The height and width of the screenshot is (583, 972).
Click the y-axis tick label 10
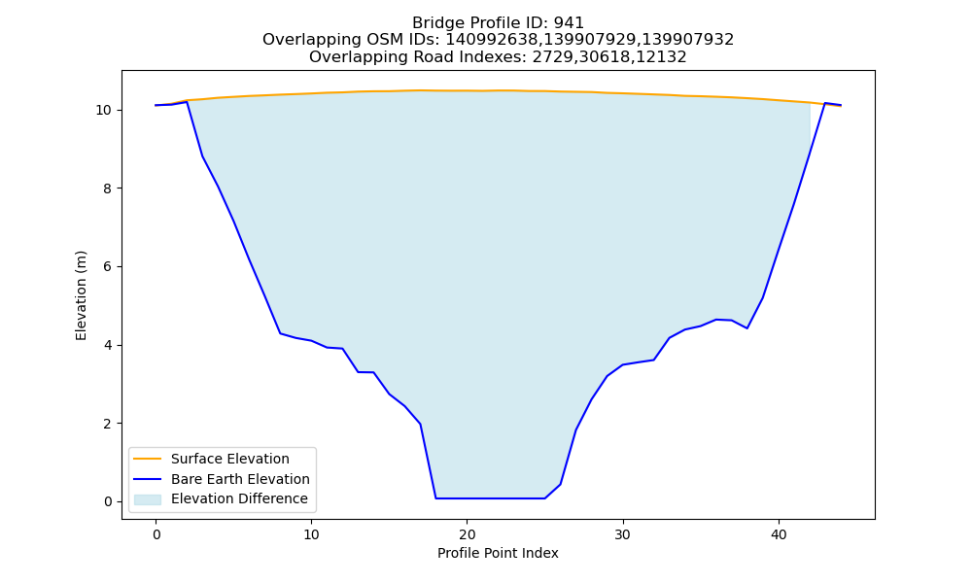[104, 110]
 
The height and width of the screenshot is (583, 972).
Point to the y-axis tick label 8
[108, 189]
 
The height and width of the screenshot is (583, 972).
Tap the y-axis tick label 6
[108, 267]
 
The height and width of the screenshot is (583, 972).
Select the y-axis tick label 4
[108, 346]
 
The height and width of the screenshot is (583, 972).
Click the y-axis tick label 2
[108, 424]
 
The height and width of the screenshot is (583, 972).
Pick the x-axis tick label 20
[467, 534]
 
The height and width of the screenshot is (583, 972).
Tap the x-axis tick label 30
[622, 534]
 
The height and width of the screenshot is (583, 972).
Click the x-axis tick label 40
[779, 534]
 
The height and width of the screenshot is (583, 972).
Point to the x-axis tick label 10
[311, 534]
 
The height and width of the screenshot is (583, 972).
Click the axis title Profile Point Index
[498, 553]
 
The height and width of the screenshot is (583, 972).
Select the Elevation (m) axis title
[82, 295]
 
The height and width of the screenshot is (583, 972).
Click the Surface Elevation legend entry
[230, 459]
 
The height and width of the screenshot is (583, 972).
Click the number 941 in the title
[569, 23]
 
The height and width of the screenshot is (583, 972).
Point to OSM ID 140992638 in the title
[492, 40]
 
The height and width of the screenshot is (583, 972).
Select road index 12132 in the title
[662, 57]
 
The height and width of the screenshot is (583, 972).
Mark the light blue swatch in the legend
[148, 499]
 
